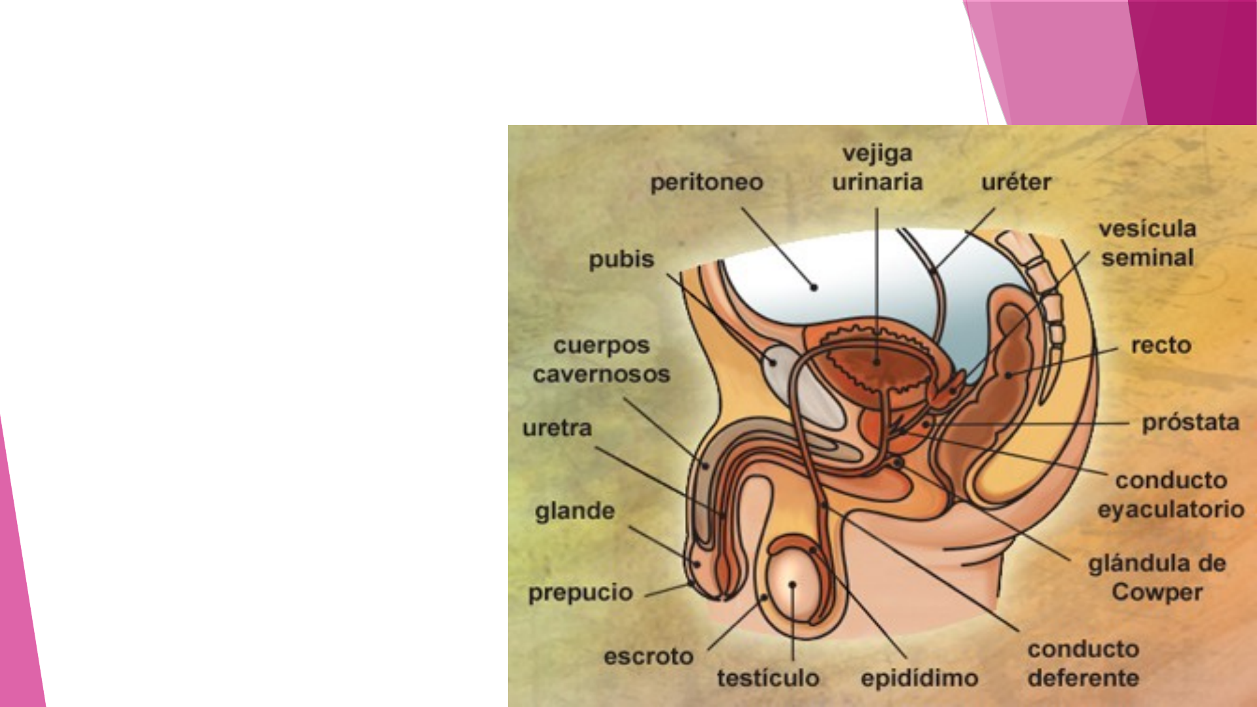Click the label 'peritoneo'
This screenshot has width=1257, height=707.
coord(706,183)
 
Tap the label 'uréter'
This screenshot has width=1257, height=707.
coord(1016,183)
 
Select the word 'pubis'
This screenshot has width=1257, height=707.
coord(621,260)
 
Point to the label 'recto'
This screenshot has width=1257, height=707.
coord(1161,346)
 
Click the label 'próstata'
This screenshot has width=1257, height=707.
coord(1190,423)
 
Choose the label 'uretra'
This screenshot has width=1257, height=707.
coord(557,428)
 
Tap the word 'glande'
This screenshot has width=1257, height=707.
coord(575,511)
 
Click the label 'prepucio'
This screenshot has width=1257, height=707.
coord(581,593)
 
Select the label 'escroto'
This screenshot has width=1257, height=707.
coord(648,657)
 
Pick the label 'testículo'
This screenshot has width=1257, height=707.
coord(768,678)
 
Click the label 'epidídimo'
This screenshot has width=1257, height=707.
coord(919,678)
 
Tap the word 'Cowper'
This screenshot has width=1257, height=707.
coord(1157,592)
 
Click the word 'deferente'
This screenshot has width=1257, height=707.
coord(1083,678)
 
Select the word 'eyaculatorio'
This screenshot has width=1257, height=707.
coord(1171,509)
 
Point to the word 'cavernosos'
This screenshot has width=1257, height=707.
coord(602,374)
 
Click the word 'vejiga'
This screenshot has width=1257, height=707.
coord(877,154)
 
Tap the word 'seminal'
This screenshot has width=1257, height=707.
coord(1147,258)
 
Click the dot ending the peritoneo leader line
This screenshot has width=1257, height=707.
coord(814,287)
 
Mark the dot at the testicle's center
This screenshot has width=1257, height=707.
coord(792,585)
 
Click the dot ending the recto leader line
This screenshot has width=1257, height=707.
coord(1009,375)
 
